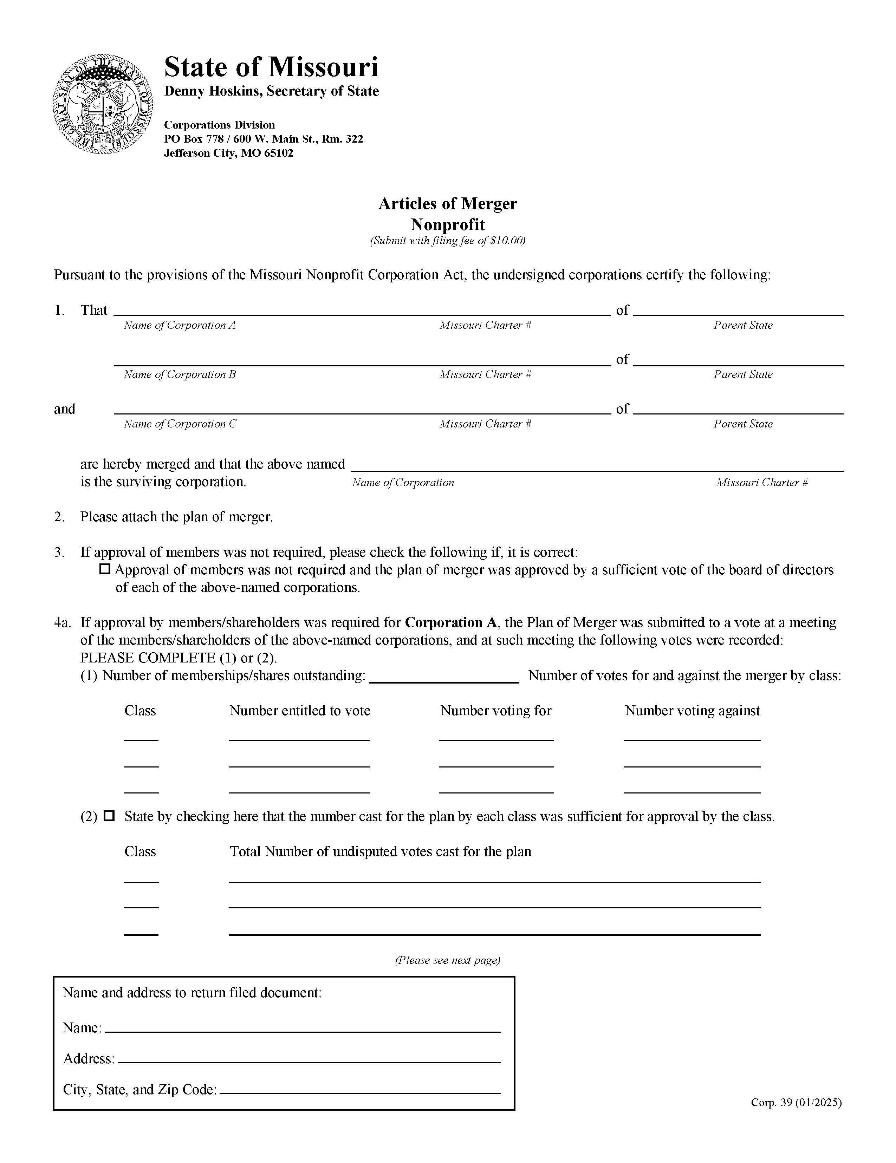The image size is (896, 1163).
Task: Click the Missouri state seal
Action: click(x=102, y=104)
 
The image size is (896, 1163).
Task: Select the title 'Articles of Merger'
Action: click(x=447, y=203)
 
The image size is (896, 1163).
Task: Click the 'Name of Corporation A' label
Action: click(x=180, y=325)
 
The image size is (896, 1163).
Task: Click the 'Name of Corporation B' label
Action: click(x=180, y=374)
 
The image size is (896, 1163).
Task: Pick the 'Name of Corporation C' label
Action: click(x=180, y=424)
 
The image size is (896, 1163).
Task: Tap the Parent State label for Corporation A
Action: click(x=742, y=325)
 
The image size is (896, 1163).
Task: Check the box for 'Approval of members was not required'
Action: click(x=105, y=569)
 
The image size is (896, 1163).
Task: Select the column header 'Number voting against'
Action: click(x=692, y=711)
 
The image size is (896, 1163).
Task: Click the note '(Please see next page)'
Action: click(x=447, y=960)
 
